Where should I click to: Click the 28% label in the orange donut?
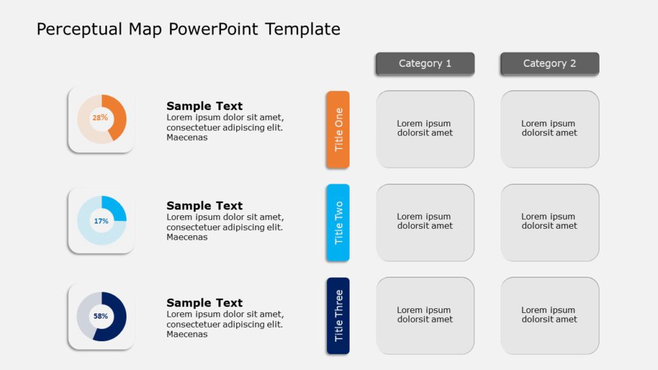[x=100, y=118]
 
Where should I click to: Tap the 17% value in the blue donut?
[x=101, y=221]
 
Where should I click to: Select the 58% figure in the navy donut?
[x=101, y=316]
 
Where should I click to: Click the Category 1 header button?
[x=425, y=64]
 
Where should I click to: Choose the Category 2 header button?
[x=549, y=64]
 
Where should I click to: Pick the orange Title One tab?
[x=338, y=129]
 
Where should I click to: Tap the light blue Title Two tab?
[x=338, y=222]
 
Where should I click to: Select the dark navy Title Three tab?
[x=338, y=315]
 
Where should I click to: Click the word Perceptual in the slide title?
[x=80, y=29]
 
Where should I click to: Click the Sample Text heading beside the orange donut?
[x=204, y=106]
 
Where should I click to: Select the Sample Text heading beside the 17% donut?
[x=204, y=206]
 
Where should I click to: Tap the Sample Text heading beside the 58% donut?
[x=204, y=303]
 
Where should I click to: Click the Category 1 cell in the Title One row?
[x=425, y=128]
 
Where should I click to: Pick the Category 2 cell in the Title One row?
[x=549, y=128]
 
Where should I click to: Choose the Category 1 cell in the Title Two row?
[x=425, y=222]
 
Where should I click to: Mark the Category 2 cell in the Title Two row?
[x=549, y=222]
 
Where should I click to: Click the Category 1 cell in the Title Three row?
[x=425, y=315]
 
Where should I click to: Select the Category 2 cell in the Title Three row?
[x=549, y=315]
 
